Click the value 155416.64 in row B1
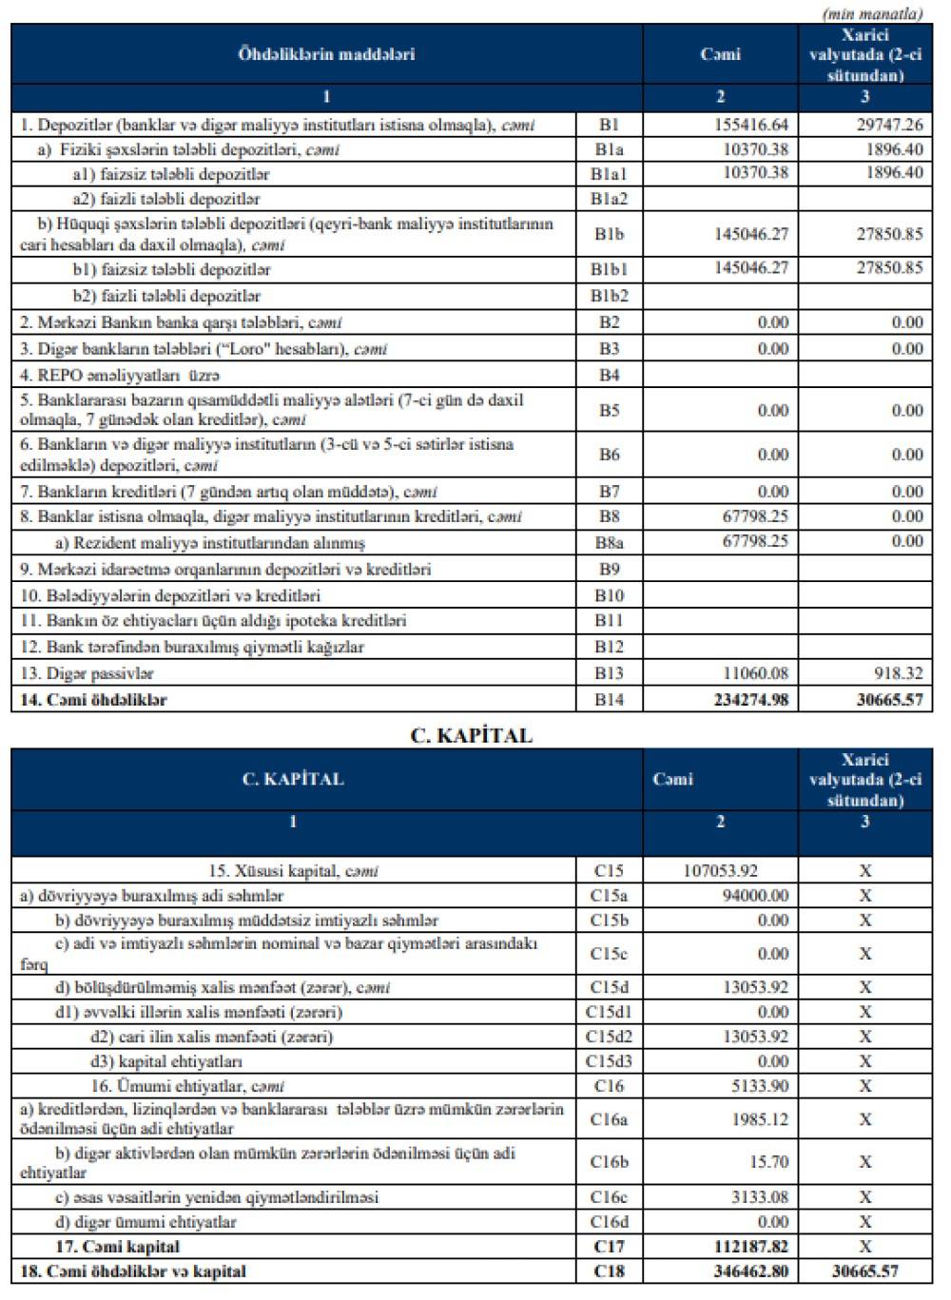click(750, 125)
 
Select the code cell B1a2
click(609, 199)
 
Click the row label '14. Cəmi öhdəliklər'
click(93, 700)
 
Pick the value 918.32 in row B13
click(899, 673)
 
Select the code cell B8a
click(609, 543)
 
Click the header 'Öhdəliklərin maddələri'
click(326, 54)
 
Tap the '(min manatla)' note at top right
click(873, 13)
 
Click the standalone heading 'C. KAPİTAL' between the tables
click(472, 735)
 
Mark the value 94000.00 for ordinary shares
click(755, 895)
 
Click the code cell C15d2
click(609, 1037)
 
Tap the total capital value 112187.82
click(750, 1247)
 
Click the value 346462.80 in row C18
click(750, 1271)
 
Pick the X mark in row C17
click(865, 1247)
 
